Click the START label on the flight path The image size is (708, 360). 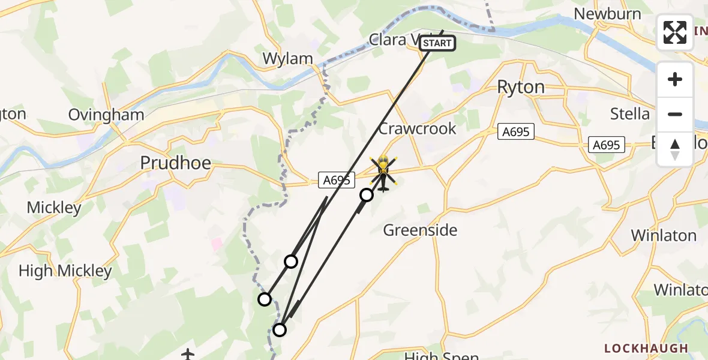437,43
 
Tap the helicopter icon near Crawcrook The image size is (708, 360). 383,173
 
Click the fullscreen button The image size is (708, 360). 675,32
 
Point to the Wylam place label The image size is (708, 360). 288,59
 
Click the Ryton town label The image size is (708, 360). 521,88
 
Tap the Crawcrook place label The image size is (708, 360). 417,128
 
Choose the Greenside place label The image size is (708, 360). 420,230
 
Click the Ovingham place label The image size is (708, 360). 106,115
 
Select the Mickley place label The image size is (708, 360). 54,208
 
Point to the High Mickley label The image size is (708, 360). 65,271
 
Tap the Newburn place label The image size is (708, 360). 607,14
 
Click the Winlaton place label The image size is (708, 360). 664,235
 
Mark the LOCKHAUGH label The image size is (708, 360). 646,348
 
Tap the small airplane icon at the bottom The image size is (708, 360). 188,355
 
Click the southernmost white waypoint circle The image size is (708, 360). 280,329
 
